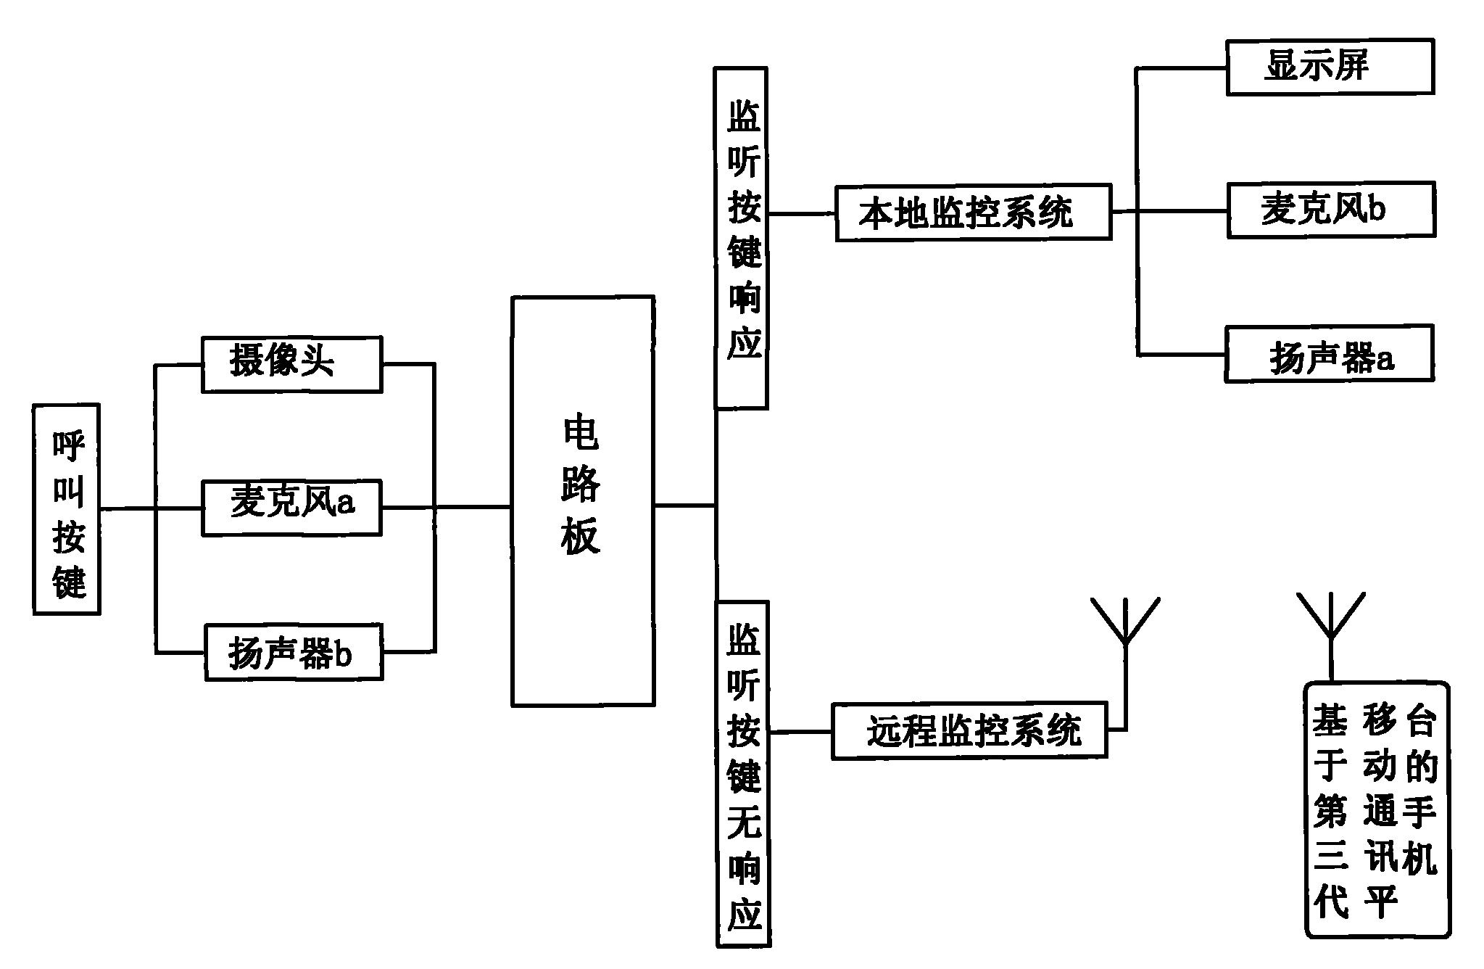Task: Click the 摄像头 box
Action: [291, 364]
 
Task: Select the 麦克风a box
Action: [291, 508]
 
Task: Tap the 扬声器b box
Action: [294, 652]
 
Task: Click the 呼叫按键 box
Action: [67, 509]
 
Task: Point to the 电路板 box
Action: [583, 500]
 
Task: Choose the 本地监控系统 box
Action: [973, 212]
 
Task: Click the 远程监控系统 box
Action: [969, 730]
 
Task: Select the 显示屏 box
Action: [1330, 67]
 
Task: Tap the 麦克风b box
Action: [1331, 210]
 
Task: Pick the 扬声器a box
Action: [1329, 354]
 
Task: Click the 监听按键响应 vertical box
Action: [741, 238]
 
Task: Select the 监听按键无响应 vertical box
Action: [742, 773]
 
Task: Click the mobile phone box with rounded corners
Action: [1376, 809]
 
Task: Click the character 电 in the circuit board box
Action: [581, 433]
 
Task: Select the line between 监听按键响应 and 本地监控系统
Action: [801, 214]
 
